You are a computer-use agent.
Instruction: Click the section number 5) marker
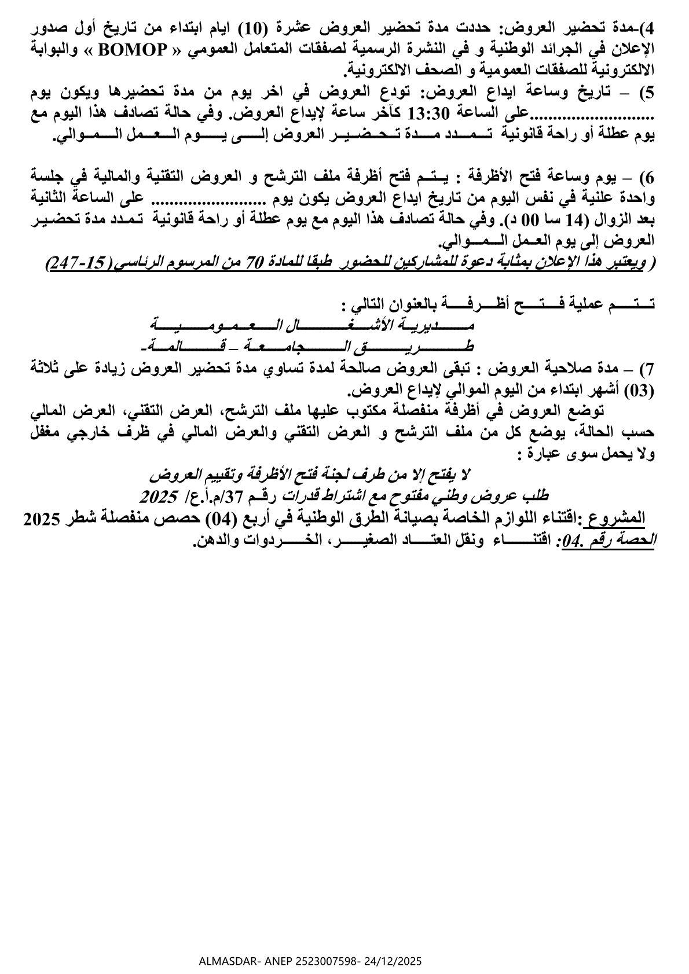(647, 92)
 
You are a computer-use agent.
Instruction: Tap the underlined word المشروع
(622, 518)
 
